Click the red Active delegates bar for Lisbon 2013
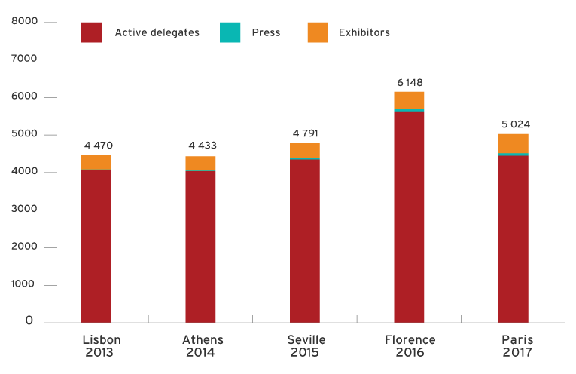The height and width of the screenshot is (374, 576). coord(96,246)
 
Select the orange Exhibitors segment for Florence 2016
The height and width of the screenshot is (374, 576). coord(409,100)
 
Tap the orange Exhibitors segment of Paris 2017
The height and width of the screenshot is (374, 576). coord(514,143)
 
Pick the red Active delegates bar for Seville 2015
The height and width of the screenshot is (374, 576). coord(305,241)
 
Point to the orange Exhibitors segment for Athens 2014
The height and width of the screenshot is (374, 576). coord(200,163)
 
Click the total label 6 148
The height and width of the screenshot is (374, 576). coord(409,81)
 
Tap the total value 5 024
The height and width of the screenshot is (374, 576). coord(516,124)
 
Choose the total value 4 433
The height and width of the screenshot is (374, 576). coord(201,146)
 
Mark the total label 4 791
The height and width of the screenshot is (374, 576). coord(305,133)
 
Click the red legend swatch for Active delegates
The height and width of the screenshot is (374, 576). coord(92,32)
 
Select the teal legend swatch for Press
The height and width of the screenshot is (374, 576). coord(230,32)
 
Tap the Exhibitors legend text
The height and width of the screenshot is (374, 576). coord(364,32)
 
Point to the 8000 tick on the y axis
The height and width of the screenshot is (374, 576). coord(24,22)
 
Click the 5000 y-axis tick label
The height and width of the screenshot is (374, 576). coord(24,135)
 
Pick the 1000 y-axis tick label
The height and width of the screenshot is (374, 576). coord(24,285)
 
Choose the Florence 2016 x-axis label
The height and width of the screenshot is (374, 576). coord(409,346)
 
